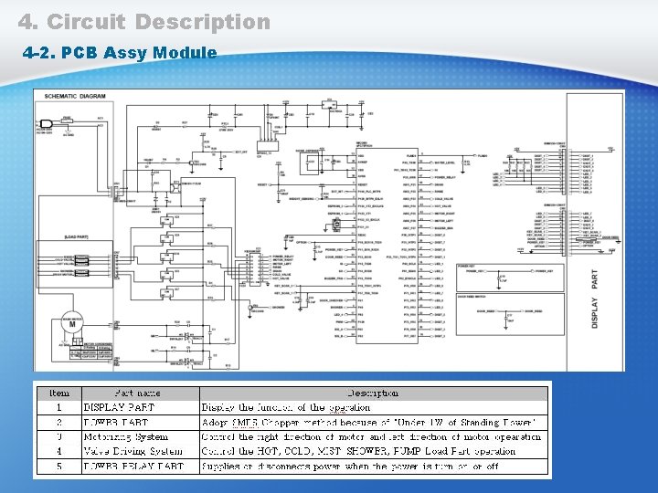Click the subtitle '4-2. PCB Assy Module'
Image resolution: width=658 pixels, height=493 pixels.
(x=119, y=52)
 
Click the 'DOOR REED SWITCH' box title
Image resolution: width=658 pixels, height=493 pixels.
(x=476, y=295)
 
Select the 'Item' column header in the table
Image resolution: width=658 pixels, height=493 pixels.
(x=58, y=393)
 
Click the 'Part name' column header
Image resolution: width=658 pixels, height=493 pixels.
(x=137, y=393)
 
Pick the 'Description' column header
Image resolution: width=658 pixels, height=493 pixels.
(x=372, y=393)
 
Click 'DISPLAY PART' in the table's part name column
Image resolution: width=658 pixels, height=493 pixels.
(x=120, y=407)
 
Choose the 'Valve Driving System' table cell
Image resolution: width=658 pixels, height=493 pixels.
(x=133, y=451)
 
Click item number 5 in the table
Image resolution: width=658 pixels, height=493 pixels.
(x=58, y=466)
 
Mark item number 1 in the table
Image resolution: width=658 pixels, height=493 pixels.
(x=58, y=407)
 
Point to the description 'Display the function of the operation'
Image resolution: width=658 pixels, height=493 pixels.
(x=286, y=407)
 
